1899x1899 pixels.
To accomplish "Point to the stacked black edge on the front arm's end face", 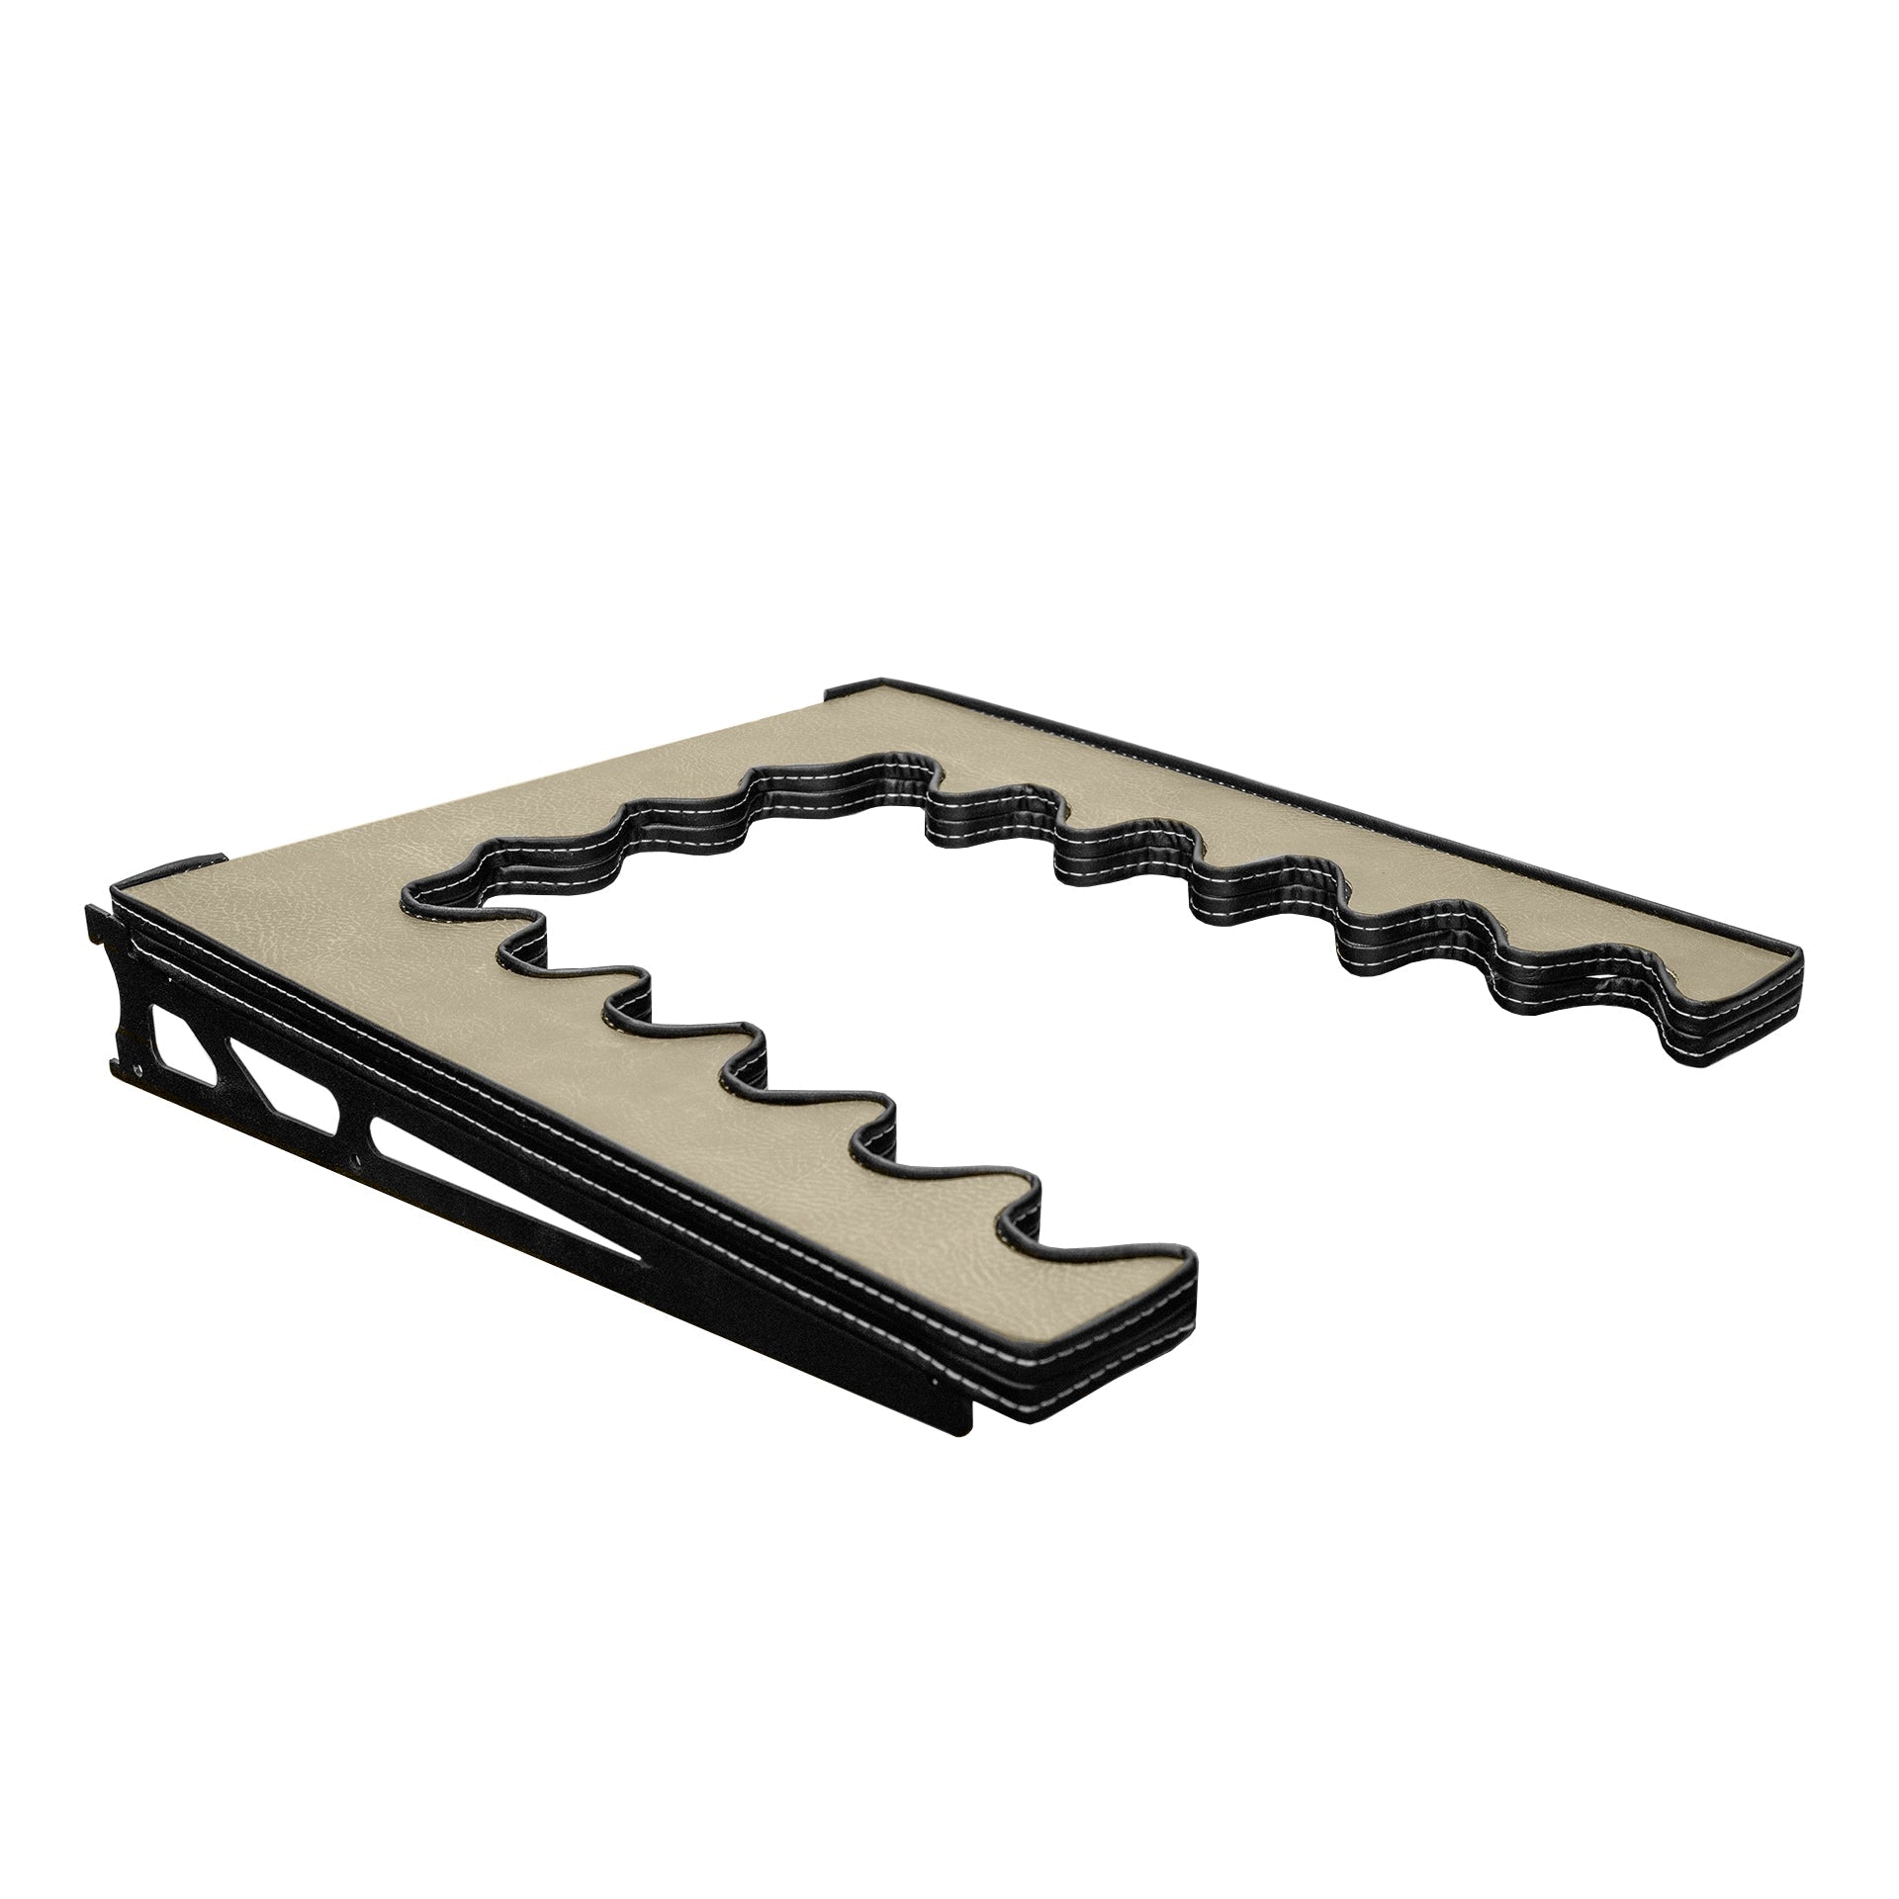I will click(1108, 1330).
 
